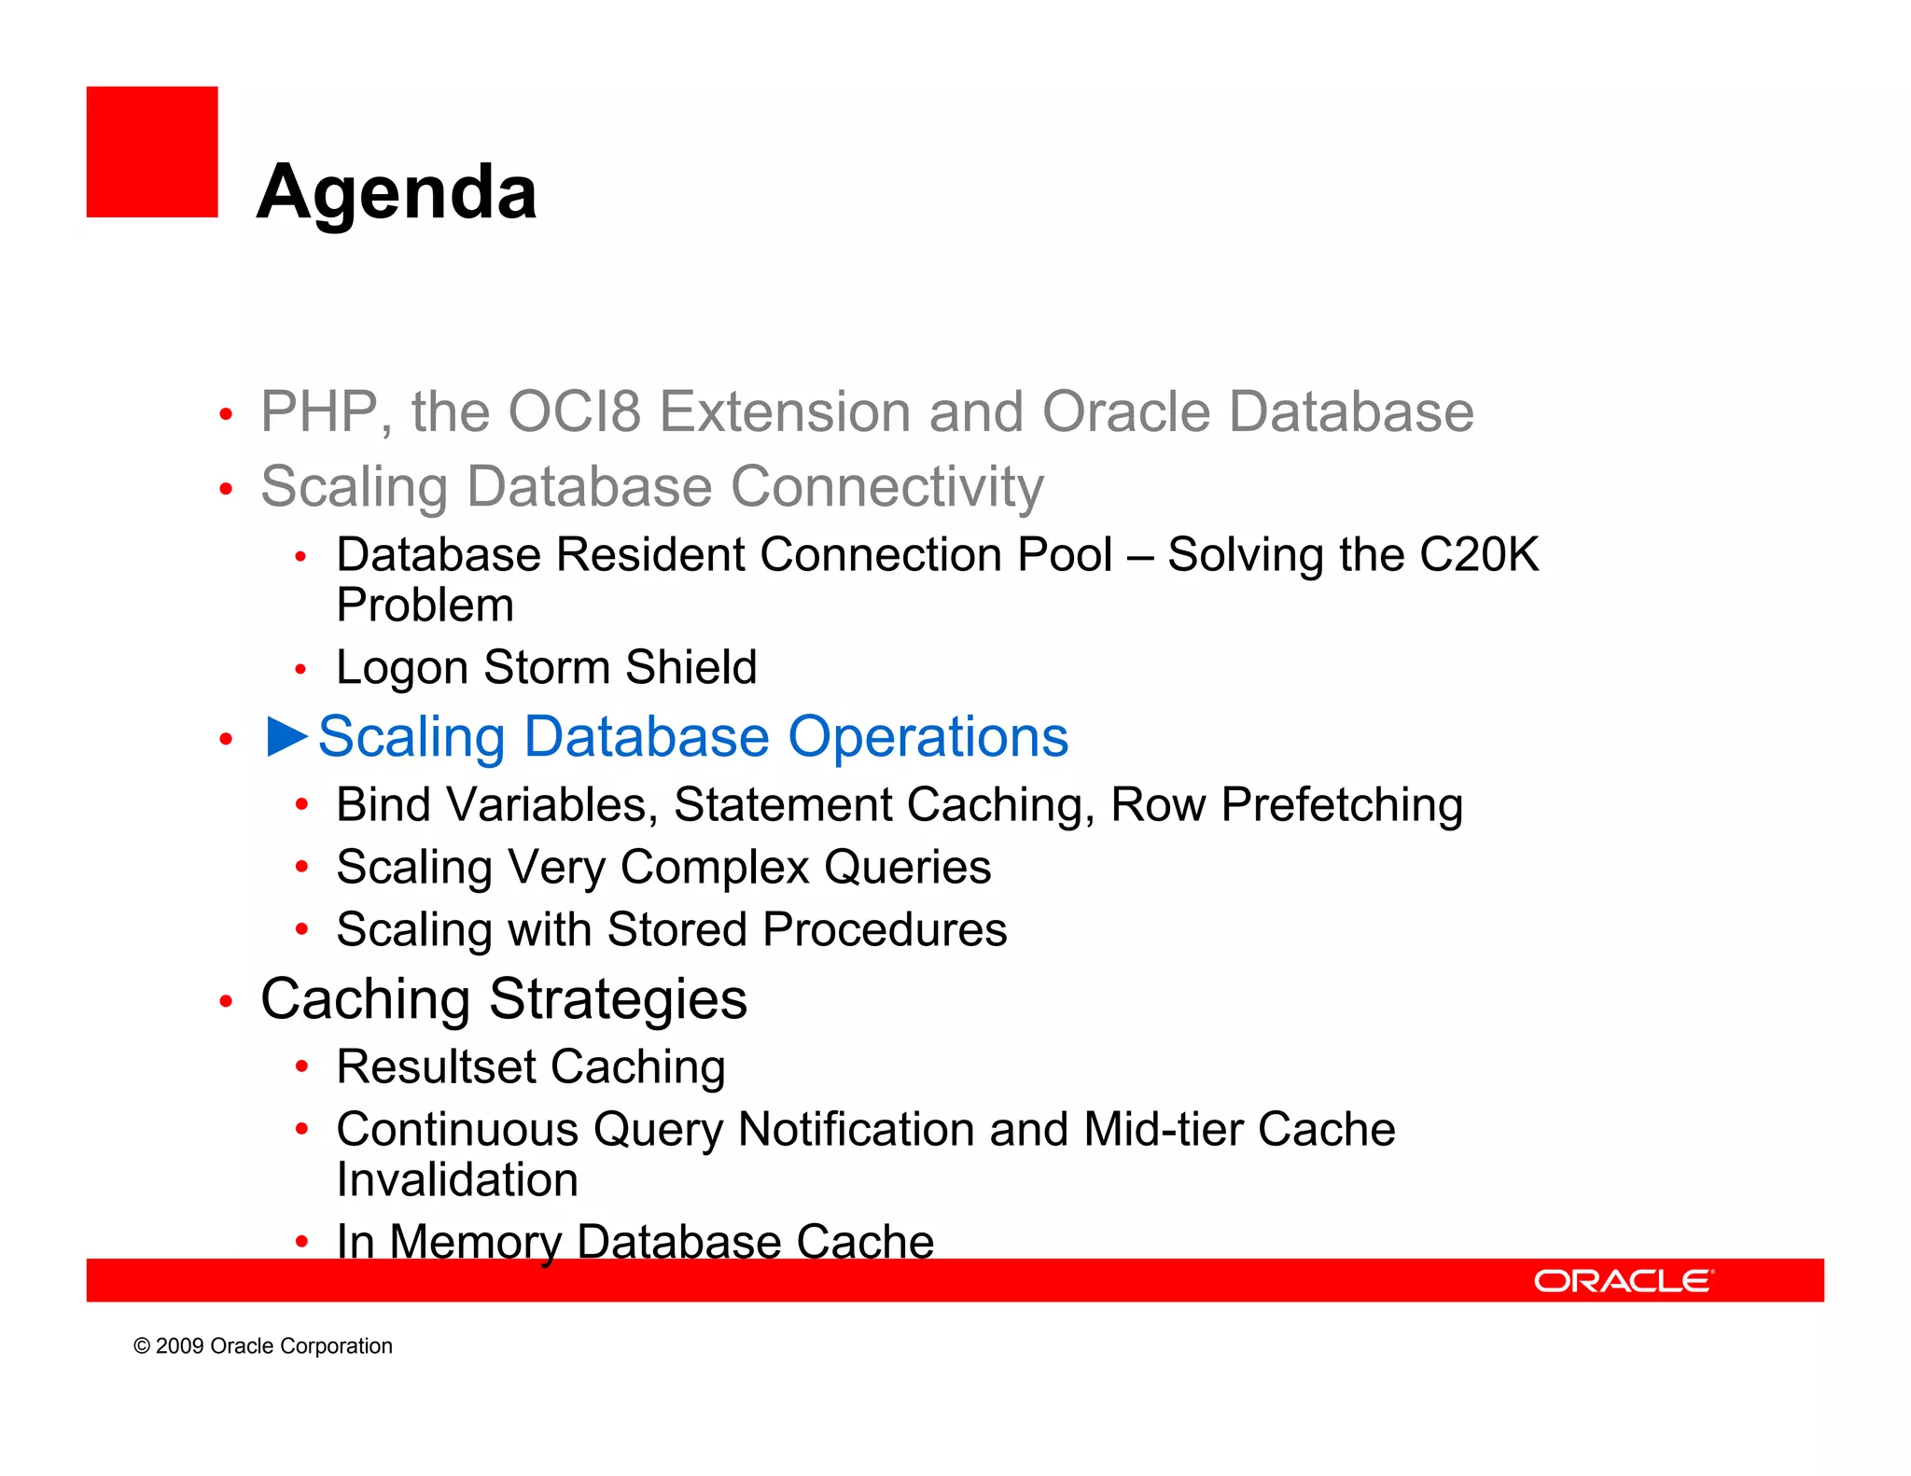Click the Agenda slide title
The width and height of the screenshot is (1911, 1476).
pos(397,192)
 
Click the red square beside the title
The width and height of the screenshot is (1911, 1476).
pos(152,152)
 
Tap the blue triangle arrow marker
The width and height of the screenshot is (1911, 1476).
pos(286,736)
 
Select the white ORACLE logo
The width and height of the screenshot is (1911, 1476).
pos(1623,1281)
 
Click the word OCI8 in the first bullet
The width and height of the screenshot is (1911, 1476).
pos(575,411)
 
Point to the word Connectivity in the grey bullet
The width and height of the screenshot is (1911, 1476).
pos(886,486)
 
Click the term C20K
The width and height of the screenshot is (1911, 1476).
pos(1478,554)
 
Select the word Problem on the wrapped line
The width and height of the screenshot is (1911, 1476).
pos(425,605)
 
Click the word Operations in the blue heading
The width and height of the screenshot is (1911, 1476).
pos(928,736)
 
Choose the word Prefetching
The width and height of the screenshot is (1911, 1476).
pos(1342,804)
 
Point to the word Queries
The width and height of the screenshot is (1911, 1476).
pos(907,867)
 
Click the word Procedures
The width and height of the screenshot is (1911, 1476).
pos(884,929)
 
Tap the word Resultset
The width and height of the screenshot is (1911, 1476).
pos(435,1066)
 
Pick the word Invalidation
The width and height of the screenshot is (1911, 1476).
pos(457,1179)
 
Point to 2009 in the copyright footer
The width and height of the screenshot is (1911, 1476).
pos(179,1345)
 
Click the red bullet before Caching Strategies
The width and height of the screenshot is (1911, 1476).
pos(226,1002)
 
